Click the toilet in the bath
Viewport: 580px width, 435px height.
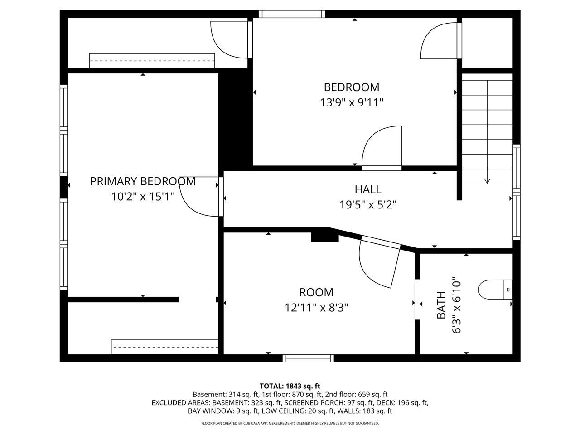point(495,290)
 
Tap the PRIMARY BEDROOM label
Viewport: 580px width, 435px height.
point(143,181)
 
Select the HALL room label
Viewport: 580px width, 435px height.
point(368,189)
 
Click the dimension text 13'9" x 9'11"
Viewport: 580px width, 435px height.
point(352,102)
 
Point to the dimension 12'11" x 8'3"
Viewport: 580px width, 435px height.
point(316,308)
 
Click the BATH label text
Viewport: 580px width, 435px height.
point(441,305)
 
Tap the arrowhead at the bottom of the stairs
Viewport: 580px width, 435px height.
point(487,181)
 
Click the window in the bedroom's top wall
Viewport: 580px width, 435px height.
point(292,14)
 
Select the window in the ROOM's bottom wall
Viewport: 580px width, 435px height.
point(308,358)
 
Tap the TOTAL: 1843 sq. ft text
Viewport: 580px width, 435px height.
point(290,386)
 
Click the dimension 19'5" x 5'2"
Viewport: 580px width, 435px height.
point(368,205)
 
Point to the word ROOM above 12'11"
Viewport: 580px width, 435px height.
point(316,292)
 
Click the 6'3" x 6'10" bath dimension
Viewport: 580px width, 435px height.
point(457,305)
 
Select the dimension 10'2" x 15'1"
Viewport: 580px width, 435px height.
point(143,197)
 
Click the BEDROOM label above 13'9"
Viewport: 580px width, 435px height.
point(352,87)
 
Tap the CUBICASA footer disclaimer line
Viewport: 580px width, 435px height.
point(290,423)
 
